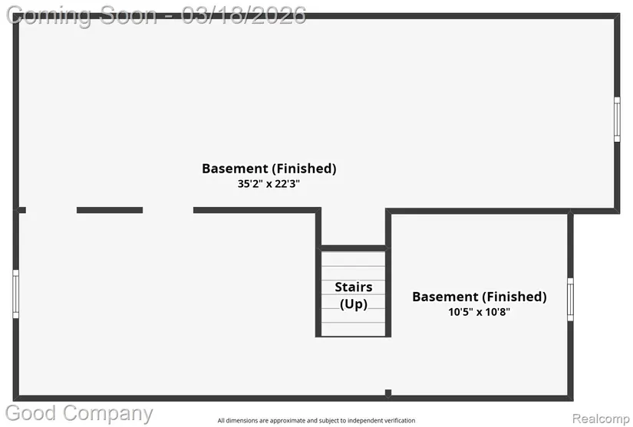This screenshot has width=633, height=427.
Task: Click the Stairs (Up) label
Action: [354, 295]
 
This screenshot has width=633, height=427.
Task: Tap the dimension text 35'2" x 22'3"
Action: [269, 184]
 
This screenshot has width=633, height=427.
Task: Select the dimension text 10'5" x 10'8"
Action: [480, 312]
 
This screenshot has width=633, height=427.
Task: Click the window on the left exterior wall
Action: [16, 294]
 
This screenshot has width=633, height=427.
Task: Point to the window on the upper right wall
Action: [617, 120]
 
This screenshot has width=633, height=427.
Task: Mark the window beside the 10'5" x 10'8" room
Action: [570, 299]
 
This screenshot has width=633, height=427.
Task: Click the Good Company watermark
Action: [79, 414]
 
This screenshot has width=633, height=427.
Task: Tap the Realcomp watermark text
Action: [601, 419]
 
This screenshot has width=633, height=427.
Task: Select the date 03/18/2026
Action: [243, 15]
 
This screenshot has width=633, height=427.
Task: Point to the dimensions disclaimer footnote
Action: [316, 421]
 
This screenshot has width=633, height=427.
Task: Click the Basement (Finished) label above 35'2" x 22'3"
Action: [269, 169]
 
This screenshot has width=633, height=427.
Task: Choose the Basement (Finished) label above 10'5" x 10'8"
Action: [480, 297]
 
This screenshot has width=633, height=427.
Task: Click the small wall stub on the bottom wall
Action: [388, 393]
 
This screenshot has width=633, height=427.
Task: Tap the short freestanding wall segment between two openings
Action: [110, 210]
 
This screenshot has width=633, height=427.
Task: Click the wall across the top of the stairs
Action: [353, 248]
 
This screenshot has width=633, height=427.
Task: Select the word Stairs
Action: [354, 287]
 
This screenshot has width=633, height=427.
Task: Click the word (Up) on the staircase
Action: [354, 304]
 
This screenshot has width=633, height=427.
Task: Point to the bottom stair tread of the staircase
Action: [353, 329]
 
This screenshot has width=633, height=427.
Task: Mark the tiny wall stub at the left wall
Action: [21, 210]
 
